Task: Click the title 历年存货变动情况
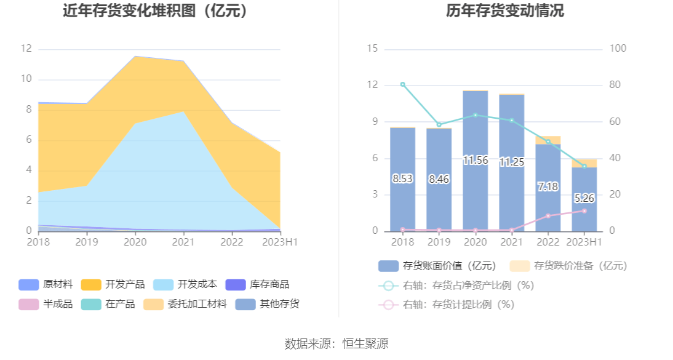504,11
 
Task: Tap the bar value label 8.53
402,179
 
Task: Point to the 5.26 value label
584,199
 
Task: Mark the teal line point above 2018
402,84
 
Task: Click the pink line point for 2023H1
584,211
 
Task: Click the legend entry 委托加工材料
187,304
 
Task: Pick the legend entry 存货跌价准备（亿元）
568,266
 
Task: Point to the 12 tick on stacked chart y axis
26,49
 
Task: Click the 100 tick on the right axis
617,49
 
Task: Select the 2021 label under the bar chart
511,242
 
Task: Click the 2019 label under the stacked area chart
86,242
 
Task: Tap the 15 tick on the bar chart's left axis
372,49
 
